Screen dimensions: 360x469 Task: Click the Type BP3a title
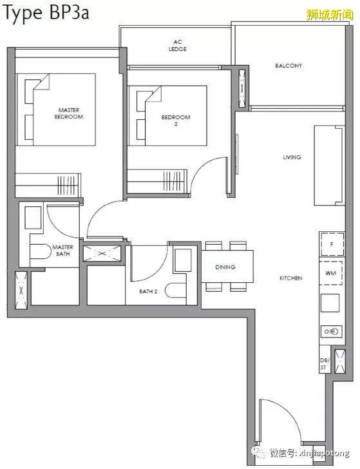46,14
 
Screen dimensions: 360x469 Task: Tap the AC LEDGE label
178,46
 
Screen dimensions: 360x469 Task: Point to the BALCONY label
289,66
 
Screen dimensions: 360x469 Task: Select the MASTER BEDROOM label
68,113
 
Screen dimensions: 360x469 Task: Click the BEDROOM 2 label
176,120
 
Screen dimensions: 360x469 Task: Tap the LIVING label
292,157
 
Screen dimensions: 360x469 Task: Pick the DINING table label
225,267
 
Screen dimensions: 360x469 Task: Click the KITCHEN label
290,278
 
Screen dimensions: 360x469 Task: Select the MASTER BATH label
63,251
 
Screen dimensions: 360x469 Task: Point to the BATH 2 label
148,291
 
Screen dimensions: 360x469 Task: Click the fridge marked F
332,244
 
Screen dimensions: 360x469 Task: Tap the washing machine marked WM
331,273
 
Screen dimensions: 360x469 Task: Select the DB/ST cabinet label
324,364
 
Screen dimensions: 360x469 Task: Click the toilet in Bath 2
176,290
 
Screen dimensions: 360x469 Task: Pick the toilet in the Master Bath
41,251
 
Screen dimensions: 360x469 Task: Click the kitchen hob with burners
331,331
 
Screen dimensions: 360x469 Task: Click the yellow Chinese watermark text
330,14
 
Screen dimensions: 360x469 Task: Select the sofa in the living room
329,166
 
